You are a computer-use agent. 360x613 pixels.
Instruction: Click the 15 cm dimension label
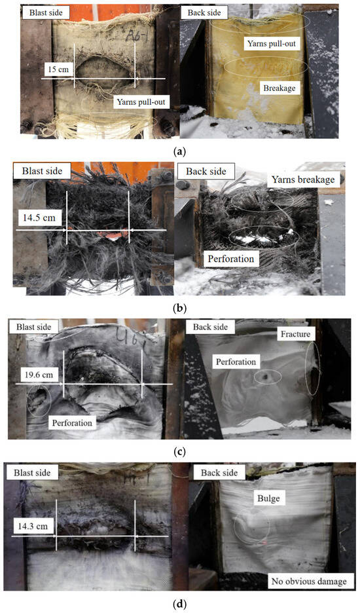point(58,69)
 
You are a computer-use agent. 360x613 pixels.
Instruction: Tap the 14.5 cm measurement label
point(39,217)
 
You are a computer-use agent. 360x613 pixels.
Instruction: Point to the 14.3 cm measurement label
point(33,526)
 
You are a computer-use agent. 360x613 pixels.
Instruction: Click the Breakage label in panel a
point(279,88)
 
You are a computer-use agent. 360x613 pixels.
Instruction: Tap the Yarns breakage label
point(303,180)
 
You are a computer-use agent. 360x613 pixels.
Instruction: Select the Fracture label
point(295,334)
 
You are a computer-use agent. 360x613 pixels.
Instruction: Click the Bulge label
point(268,498)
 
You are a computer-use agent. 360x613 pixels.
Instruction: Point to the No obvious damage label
point(309,582)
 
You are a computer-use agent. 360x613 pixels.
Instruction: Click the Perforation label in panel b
point(230,259)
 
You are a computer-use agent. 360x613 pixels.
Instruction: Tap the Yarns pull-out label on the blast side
point(141,102)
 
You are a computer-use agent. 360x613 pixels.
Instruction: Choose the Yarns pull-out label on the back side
point(271,43)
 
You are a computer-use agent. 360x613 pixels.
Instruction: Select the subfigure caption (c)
point(180,452)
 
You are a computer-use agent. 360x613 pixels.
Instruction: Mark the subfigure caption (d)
point(180,604)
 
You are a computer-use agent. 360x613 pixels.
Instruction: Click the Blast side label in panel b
point(42,171)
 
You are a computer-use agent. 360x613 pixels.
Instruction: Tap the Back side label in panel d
point(219,473)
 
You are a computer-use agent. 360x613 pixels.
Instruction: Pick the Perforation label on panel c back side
point(236,362)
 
